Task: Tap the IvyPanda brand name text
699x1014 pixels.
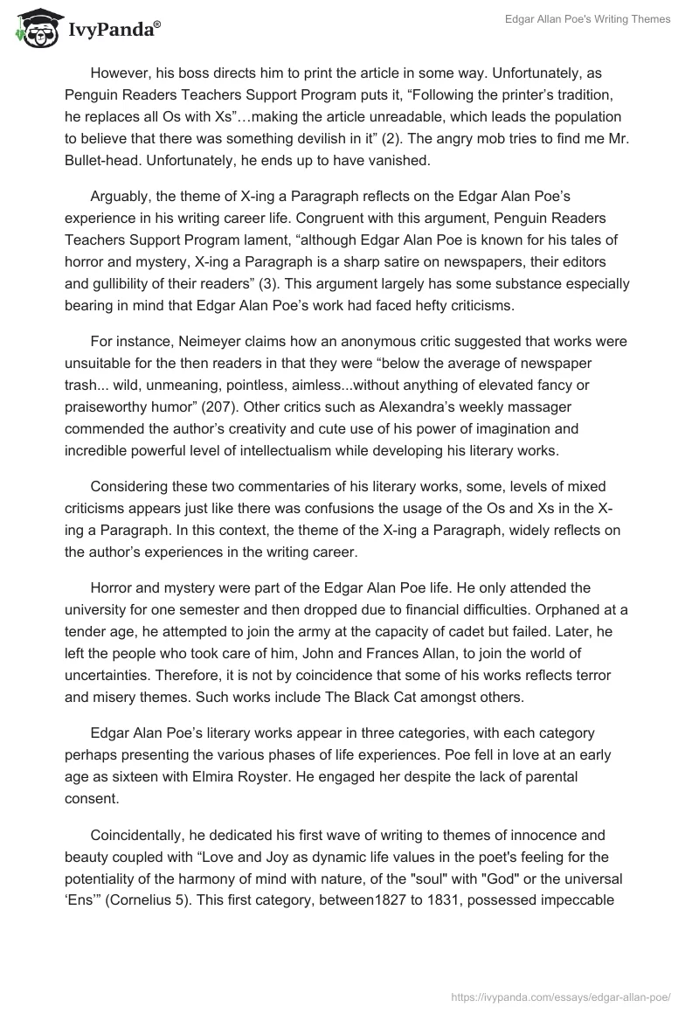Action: pyautogui.click(x=114, y=31)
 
